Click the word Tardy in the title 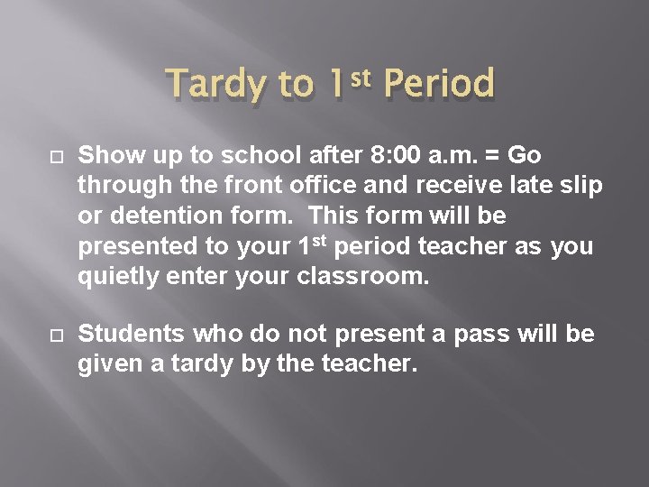coord(216,86)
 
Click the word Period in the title coord(439,84)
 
